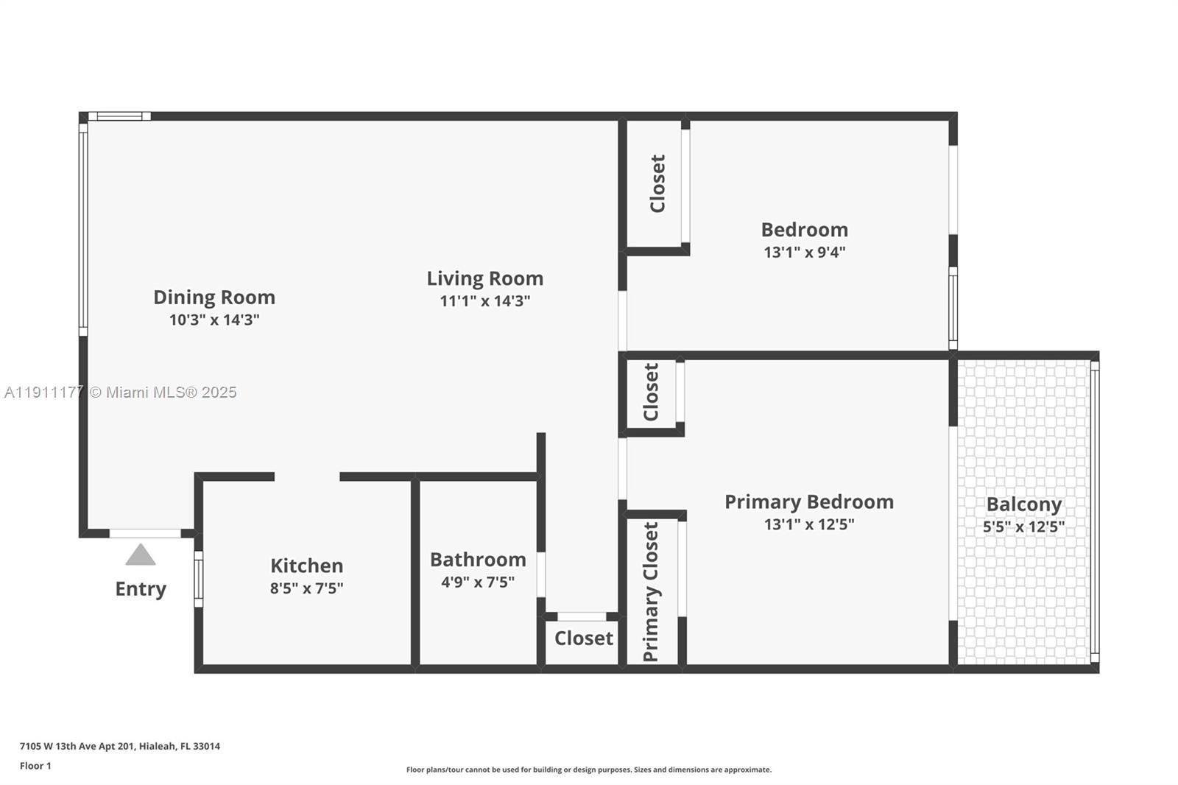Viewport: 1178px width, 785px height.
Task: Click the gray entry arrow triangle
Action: pyautogui.click(x=140, y=556)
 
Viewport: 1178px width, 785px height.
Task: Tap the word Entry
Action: pyautogui.click(x=141, y=589)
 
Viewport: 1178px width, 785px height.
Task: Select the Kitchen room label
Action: pyautogui.click(x=306, y=566)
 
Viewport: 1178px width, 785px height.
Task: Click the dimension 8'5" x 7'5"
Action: pyautogui.click(x=306, y=588)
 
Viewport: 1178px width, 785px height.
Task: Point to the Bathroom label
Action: pyautogui.click(x=478, y=560)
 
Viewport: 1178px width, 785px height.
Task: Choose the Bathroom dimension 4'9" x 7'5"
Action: pyautogui.click(x=478, y=582)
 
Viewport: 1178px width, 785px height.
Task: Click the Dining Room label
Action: pyautogui.click(x=214, y=298)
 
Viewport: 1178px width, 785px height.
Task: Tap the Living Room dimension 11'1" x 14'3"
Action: pyautogui.click(x=485, y=301)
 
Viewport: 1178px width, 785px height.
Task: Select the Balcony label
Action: pyautogui.click(x=1023, y=504)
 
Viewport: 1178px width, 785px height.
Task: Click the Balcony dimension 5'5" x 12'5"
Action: pyautogui.click(x=1023, y=527)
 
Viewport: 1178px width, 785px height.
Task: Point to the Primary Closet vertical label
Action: pyautogui.click(x=651, y=592)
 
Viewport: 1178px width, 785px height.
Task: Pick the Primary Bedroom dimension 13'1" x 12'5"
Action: pyautogui.click(x=808, y=524)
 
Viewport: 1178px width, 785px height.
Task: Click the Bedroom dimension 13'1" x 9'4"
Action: pyautogui.click(x=804, y=252)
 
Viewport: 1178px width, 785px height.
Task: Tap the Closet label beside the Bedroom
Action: pyautogui.click(x=657, y=183)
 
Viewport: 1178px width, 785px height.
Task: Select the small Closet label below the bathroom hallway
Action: pyautogui.click(x=583, y=638)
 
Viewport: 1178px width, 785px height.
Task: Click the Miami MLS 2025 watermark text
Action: pyautogui.click(x=121, y=392)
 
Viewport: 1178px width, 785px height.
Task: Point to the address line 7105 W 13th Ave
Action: pyautogui.click(x=120, y=746)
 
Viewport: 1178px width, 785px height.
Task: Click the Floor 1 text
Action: pyautogui.click(x=35, y=766)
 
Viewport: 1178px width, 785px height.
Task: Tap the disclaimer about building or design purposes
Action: pyautogui.click(x=589, y=770)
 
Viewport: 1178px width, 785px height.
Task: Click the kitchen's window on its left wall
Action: pyautogui.click(x=198, y=579)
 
